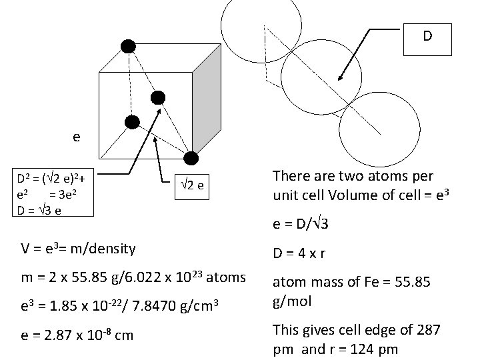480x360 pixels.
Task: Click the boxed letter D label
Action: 427,37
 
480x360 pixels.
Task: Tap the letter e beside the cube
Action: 77,137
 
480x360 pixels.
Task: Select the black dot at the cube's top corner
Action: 127,45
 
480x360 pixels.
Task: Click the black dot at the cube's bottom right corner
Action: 191,158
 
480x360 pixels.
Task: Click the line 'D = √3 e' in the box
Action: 42,211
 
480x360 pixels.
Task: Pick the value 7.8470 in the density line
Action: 153,306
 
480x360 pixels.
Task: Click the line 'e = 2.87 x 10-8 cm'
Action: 77,335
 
